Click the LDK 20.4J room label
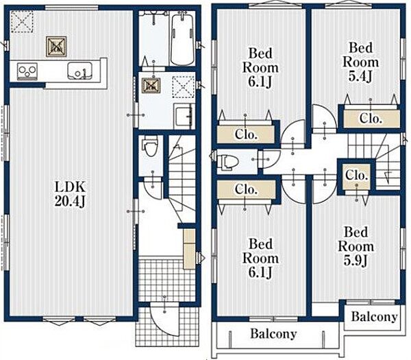70,194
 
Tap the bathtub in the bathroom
182,38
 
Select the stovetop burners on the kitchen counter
27,71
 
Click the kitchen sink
80,71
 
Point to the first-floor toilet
151,146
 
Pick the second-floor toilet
227,161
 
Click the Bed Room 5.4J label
361,62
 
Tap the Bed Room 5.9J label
356,246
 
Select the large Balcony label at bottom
273,334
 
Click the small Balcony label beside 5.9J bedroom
374,316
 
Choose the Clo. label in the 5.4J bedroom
370,118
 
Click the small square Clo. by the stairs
356,175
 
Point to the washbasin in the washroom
184,116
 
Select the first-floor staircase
182,178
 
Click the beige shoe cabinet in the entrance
189,249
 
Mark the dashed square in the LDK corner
22,21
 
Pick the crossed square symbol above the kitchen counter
56,47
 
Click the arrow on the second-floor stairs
388,176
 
